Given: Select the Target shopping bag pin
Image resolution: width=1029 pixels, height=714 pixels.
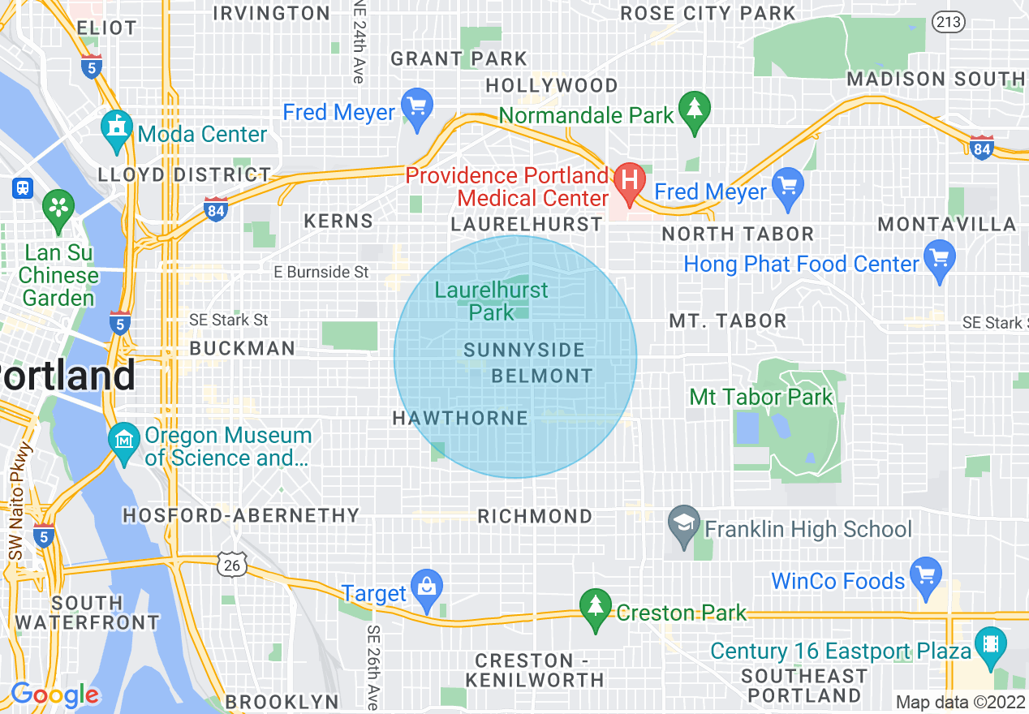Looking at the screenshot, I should (x=425, y=591).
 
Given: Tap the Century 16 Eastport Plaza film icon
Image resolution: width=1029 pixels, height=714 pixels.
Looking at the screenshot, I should (x=990, y=647).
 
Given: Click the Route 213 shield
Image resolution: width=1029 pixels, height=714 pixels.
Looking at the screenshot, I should (x=948, y=22).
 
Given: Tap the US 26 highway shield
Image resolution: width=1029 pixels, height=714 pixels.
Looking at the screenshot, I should (x=232, y=565).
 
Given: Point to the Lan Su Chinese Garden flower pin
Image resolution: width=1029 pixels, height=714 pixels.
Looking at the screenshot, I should (x=58, y=208).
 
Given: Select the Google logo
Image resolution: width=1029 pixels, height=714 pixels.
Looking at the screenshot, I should (x=54, y=695).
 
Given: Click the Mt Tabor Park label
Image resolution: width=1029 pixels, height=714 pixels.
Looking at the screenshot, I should (x=761, y=397).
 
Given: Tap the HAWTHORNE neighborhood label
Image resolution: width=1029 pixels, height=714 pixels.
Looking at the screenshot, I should (x=460, y=418).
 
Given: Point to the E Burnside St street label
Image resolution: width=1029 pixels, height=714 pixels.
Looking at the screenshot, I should (x=321, y=273).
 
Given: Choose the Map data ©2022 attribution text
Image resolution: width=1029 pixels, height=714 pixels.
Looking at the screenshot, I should (x=961, y=702).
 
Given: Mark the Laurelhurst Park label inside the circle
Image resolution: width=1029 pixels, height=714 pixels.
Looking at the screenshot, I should (x=492, y=301).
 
